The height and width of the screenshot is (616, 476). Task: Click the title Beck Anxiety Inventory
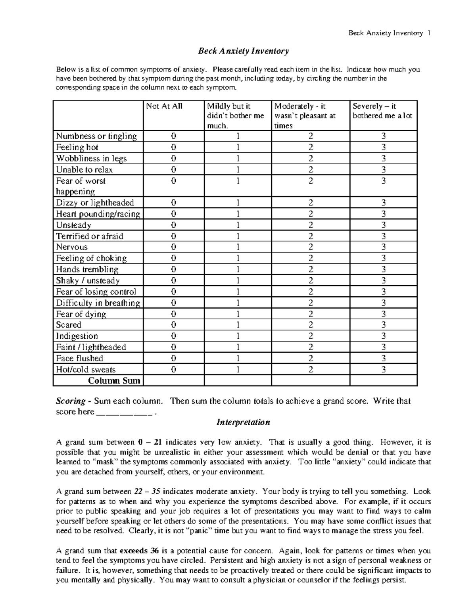(243, 51)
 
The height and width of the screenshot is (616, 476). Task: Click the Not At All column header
(164, 106)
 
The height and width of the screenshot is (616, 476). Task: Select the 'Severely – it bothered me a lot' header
(383, 111)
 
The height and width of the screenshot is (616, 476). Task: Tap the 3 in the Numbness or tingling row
(383, 136)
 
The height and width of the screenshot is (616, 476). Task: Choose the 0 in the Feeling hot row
(173, 147)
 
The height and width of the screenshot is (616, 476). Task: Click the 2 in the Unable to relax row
(311, 170)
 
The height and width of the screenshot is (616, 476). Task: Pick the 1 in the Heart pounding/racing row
(238, 214)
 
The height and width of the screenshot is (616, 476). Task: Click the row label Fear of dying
(81, 314)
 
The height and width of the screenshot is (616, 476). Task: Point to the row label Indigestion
(77, 336)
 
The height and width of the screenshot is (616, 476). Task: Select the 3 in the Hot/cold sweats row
(383, 370)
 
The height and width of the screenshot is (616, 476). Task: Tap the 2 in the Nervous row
(311, 247)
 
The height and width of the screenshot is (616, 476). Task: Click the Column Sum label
(114, 381)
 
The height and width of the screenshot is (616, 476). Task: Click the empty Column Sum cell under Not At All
(173, 381)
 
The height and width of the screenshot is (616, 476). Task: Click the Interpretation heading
(243, 422)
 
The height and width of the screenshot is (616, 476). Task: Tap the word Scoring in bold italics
(71, 401)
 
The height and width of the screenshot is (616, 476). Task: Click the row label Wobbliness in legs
(91, 158)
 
